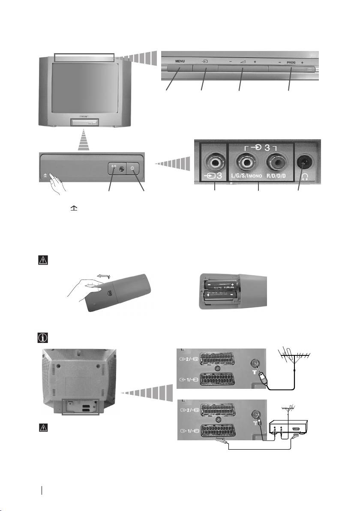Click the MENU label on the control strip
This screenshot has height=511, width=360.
click(x=180, y=61)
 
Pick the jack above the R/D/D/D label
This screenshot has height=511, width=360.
click(x=278, y=163)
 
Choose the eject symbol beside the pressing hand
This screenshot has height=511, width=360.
click(x=45, y=175)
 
